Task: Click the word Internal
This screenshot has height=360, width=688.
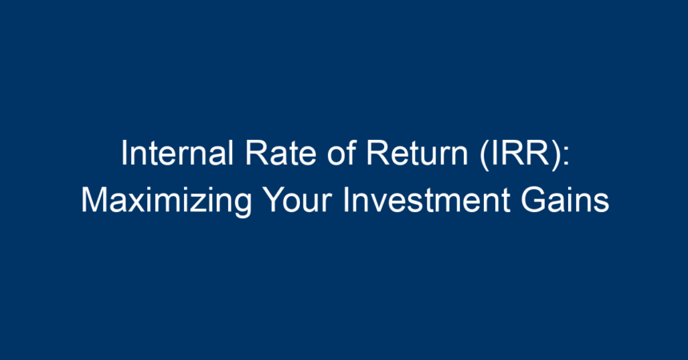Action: pyautogui.click(x=178, y=153)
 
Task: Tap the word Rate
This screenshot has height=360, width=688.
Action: pyautogui.click(x=280, y=153)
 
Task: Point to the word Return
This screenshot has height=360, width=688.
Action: pyautogui.click(x=418, y=153)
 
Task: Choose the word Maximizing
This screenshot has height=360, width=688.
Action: pyautogui.click(x=166, y=200)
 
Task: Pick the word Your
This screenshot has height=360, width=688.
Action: pyautogui.click(x=298, y=200)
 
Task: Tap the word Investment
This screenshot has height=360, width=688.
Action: pyautogui.click(x=426, y=200)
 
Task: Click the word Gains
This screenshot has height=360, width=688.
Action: pyautogui.click(x=565, y=200)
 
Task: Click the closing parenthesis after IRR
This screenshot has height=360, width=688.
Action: pyautogui.click(x=554, y=155)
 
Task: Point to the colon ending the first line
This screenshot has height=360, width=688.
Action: pyautogui.click(x=566, y=157)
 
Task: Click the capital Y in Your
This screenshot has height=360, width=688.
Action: pyautogui.click(x=274, y=200)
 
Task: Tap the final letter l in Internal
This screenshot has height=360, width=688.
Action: pyautogui.click(x=230, y=153)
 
